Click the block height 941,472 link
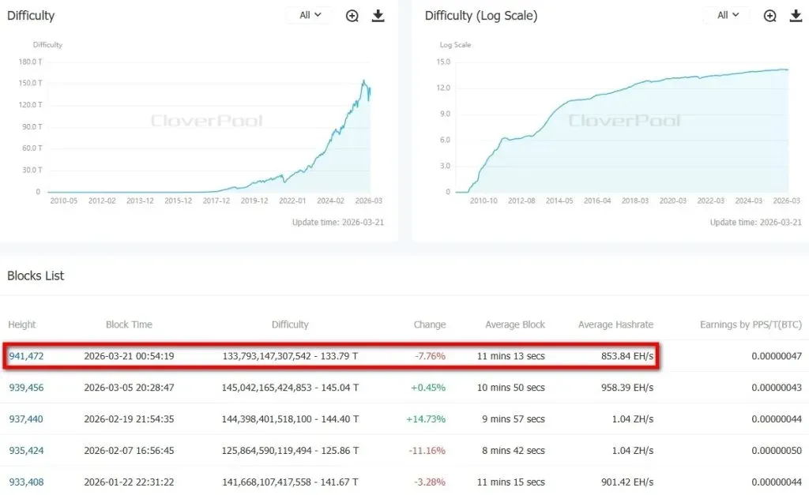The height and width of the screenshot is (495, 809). click(26, 356)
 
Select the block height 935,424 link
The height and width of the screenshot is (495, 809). click(26, 451)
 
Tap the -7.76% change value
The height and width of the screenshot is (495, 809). click(430, 356)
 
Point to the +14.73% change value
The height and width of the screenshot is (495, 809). click(426, 419)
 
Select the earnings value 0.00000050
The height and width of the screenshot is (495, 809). click(776, 451)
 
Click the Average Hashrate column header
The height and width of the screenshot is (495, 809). click(615, 324)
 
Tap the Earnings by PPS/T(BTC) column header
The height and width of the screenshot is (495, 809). click(751, 324)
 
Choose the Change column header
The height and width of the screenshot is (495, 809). click(429, 324)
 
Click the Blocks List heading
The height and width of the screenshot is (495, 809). click(36, 276)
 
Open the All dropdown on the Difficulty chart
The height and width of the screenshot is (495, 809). click(310, 16)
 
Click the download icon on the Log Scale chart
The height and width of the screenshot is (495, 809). click(795, 16)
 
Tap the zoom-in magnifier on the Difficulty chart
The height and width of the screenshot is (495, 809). click(352, 16)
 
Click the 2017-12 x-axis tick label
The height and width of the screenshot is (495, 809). click(216, 201)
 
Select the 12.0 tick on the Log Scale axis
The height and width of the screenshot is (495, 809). click(442, 88)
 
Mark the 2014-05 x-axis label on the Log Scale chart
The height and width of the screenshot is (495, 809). click(559, 201)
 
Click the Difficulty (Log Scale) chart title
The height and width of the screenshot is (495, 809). click(480, 16)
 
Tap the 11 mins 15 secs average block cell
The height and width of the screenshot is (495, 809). click(510, 482)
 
